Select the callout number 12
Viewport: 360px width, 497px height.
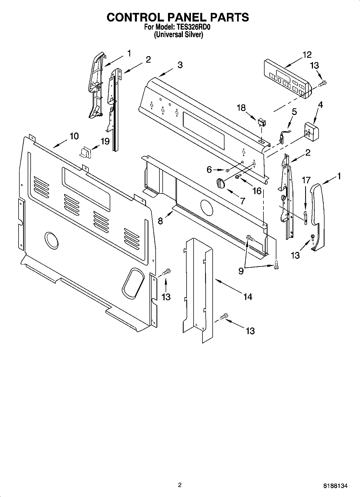click(306, 55)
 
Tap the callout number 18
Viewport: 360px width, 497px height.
click(241, 108)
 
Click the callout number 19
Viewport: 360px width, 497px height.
click(105, 141)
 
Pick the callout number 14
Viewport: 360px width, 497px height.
click(248, 297)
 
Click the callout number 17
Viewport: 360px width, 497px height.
click(306, 180)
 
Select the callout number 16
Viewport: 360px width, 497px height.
click(257, 191)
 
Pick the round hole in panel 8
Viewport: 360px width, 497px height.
click(206, 207)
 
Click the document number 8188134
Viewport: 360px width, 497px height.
click(335, 486)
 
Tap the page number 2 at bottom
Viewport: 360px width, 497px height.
click(180, 485)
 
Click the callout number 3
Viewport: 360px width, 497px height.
click(180, 65)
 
